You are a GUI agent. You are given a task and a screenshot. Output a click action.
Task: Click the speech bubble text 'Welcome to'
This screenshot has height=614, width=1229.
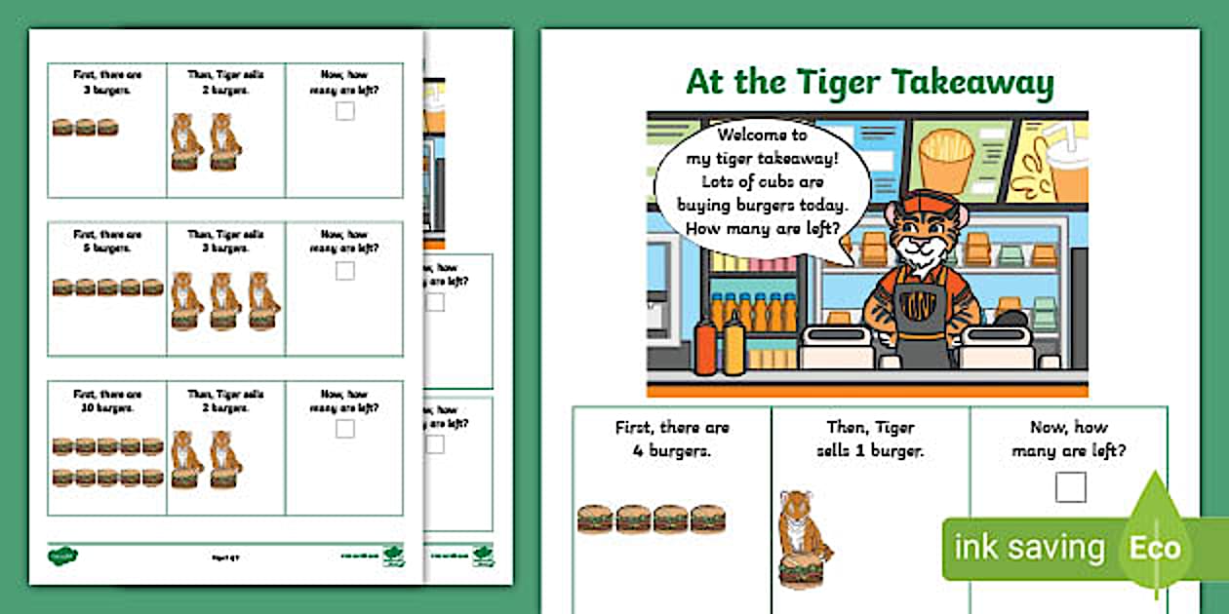[748, 135]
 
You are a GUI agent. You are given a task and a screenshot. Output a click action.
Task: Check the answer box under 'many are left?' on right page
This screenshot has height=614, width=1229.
[1070, 486]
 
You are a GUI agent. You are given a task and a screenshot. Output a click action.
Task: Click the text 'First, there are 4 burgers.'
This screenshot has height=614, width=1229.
[672, 439]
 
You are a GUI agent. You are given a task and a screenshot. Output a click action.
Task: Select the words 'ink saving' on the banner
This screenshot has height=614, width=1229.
[1029, 548]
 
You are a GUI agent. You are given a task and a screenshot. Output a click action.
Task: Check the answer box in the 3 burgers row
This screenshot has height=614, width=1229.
[344, 111]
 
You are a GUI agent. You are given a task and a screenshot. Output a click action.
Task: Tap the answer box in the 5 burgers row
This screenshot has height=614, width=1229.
[344, 270]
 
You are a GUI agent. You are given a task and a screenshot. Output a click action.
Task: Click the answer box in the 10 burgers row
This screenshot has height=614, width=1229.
[344, 428]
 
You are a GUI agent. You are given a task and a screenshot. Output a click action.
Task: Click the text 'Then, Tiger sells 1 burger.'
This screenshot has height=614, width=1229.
[870, 439]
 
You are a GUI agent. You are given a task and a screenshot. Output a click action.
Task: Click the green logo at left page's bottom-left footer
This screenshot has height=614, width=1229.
[63, 556]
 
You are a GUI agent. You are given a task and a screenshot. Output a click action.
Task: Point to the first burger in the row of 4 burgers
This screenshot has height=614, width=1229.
[594, 518]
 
